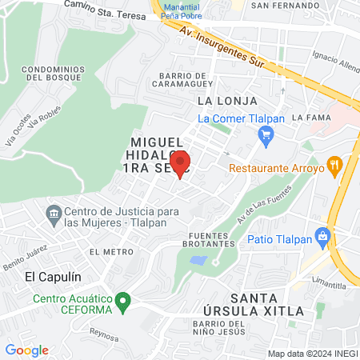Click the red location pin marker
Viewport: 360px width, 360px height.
[x=180, y=162]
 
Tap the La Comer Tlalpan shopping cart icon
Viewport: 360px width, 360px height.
[x=266, y=137]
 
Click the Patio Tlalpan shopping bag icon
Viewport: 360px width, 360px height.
[x=323, y=236]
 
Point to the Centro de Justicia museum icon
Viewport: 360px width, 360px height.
[x=54, y=214]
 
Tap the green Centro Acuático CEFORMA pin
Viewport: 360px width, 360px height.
[x=122, y=302]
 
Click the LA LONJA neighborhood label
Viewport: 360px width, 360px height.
[x=227, y=102]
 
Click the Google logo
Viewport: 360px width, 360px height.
[x=26, y=350]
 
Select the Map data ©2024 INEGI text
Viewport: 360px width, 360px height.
[x=311, y=354]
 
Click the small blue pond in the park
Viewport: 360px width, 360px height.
[x=199, y=261]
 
